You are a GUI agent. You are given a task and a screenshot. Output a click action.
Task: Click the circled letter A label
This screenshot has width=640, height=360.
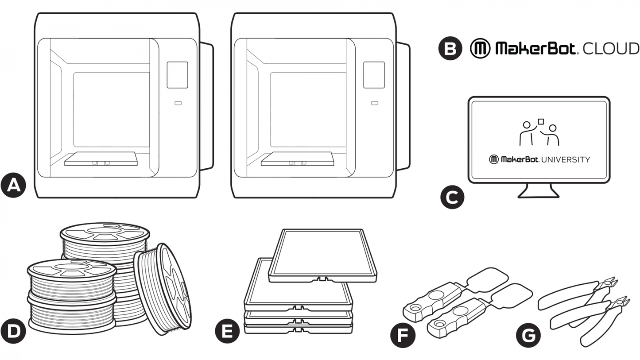click(x=13, y=186)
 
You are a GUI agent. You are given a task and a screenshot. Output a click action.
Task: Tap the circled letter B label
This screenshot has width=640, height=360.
click(x=450, y=48)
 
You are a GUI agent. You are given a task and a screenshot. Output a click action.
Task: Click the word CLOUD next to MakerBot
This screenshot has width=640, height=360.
click(x=611, y=48)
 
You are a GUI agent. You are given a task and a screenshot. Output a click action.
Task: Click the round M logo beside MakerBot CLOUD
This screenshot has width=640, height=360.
click(x=480, y=48)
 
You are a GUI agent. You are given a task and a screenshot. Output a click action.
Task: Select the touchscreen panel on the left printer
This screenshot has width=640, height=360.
click(x=177, y=75)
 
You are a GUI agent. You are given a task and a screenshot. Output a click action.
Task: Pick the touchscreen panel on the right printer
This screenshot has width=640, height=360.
click(x=374, y=75)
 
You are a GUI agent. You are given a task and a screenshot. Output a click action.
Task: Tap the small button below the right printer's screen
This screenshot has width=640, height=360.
click(x=375, y=103)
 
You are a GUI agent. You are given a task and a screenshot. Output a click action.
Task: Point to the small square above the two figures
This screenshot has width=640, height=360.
click(x=540, y=121)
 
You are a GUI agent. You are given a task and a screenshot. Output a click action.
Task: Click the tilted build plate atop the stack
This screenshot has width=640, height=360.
click(x=323, y=255)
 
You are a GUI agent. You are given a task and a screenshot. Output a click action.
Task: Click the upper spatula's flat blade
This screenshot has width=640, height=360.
click(x=488, y=279)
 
